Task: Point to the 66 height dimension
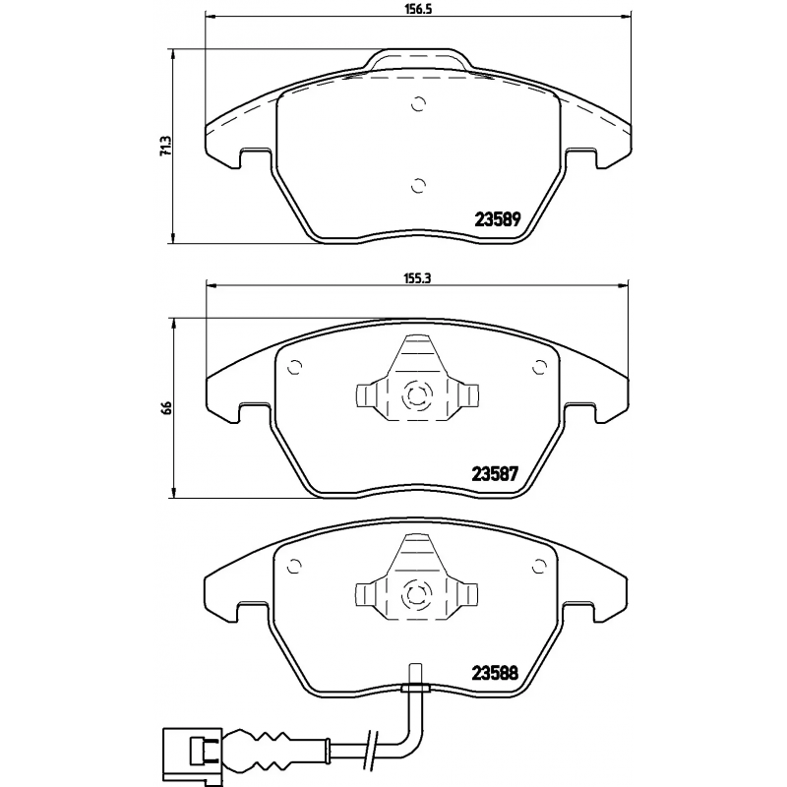pyautogui.click(x=166, y=407)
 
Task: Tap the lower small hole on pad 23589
pyautogui.click(x=417, y=184)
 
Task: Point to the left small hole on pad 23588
pyautogui.click(x=292, y=565)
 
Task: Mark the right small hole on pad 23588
pyautogui.click(x=538, y=565)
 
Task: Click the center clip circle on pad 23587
pyautogui.click(x=417, y=396)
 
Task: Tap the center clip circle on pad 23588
pyautogui.click(x=417, y=593)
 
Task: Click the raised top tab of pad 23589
pyautogui.click(x=417, y=60)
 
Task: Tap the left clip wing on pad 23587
pyautogui.click(x=365, y=396)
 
